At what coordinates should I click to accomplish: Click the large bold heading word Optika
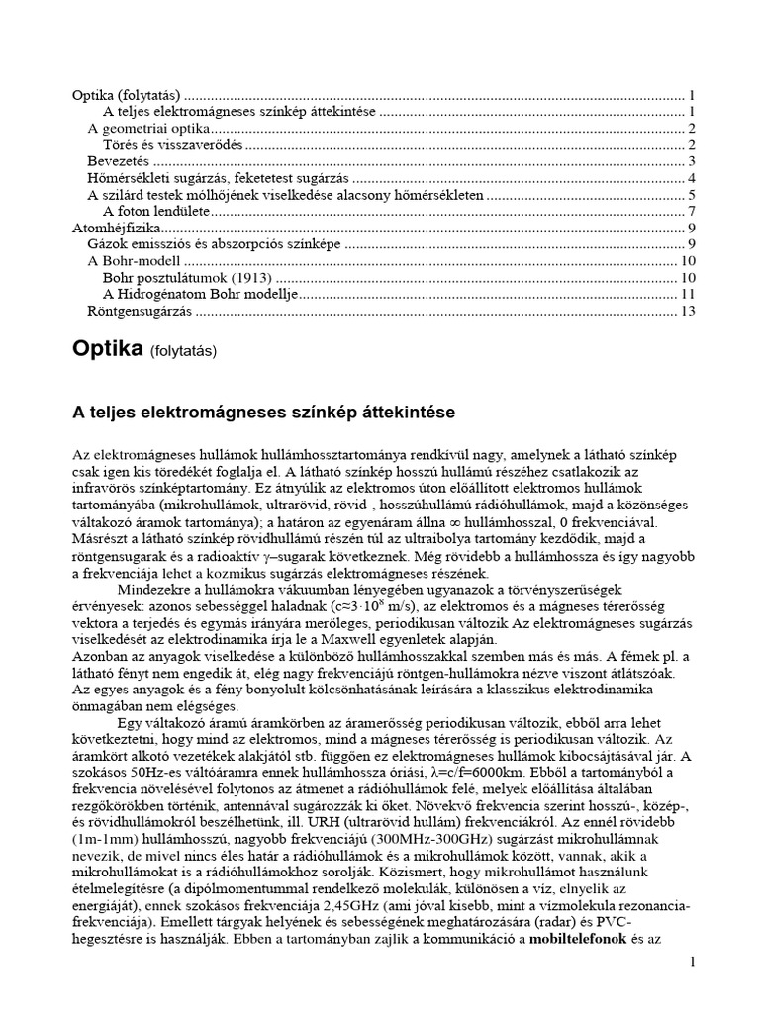coord(109,349)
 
